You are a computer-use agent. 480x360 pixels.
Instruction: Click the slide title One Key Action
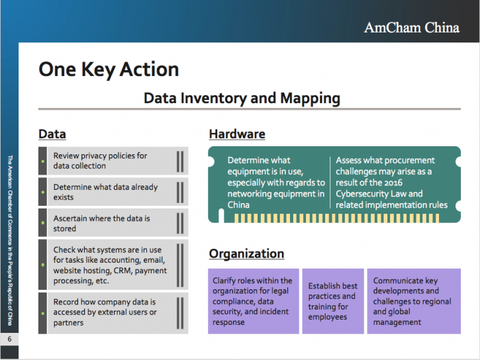(x=109, y=69)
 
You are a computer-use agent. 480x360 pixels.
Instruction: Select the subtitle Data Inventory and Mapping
(x=242, y=99)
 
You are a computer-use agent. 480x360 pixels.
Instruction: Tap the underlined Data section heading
(x=52, y=134)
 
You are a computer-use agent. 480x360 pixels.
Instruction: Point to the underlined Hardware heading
(x=237, y=134)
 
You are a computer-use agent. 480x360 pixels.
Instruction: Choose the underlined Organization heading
(x=246, y=253)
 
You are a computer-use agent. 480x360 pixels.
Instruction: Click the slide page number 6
(x=9, y=339)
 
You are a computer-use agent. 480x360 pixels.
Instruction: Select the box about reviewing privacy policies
(x=112, y=161)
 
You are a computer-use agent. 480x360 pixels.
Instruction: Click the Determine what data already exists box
(x=112, y=192)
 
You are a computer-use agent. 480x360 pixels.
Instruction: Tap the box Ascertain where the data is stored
(x=112, y=223)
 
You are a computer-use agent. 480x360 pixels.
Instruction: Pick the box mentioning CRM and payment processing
(x=112, y=265)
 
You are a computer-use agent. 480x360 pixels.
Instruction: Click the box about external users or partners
(x=112, y=312)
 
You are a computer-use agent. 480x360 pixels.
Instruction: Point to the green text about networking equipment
(x=276, y=183)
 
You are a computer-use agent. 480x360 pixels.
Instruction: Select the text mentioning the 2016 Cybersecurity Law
(x=391, y=183)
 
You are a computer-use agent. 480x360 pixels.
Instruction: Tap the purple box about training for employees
(x=333, y=301)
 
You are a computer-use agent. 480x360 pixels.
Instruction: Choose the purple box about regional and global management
(x=413, y=301)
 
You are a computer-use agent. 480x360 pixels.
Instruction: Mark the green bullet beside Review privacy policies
(x=42, y=161)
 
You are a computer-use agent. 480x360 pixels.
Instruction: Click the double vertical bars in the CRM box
(x=179, y=265)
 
